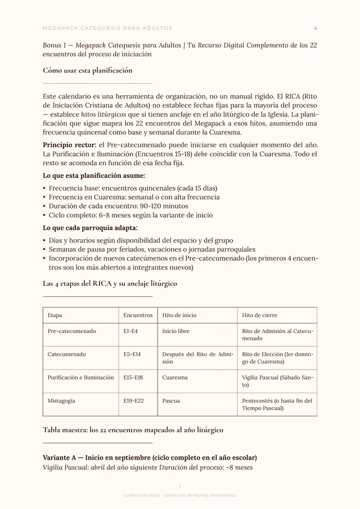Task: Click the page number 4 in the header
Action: (315, 28)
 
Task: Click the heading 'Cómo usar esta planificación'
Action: (87, 70)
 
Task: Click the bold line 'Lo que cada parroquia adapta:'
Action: (90, 228)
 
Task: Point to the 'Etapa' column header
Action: (55, 316)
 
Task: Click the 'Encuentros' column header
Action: (138, 316)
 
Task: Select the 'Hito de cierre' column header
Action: (259, 316)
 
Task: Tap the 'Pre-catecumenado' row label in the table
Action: (72, 331)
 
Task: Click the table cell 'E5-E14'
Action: (132, 354)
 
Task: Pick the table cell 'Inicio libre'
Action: (176, 331)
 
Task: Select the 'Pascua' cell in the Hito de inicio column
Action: (171, 401)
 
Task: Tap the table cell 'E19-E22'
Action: (133, 401)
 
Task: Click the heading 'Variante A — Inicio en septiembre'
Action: (150, 457)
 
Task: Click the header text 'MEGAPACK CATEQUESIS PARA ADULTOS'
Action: (107, 28)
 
